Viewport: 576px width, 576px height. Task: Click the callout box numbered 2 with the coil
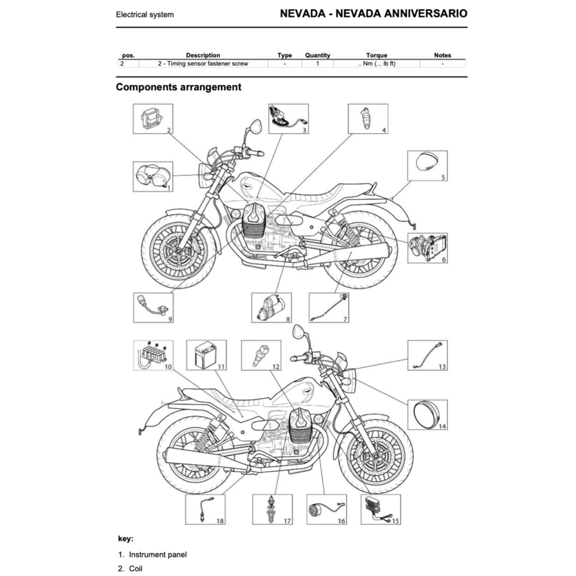click(153, 119)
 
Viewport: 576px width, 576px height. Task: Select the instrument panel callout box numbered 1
click(153, 176)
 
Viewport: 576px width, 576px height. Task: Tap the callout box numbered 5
click(427, 165)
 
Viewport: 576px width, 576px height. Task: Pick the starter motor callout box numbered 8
click(272, 308)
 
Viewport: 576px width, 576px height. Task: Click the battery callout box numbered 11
click(206, 355)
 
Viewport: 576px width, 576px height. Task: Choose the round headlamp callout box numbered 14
click(427, 415)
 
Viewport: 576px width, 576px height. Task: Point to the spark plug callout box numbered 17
click(273, 509)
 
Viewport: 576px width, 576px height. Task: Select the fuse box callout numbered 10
click(153, 355)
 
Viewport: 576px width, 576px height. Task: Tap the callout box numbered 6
click(427, 248)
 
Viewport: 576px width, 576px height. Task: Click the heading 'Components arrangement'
click(178, 87)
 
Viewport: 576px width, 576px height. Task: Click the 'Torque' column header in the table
click(376, 55)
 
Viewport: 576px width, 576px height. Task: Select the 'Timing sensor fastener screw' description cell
click(203, 64)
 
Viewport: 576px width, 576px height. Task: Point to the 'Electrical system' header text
click(145, 15)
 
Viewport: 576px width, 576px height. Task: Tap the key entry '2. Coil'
click(130, 569)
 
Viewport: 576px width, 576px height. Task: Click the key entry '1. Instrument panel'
click(152, 555)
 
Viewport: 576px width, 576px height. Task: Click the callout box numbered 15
click(380, 509)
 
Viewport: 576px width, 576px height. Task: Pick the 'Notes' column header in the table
click(443, 55)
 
